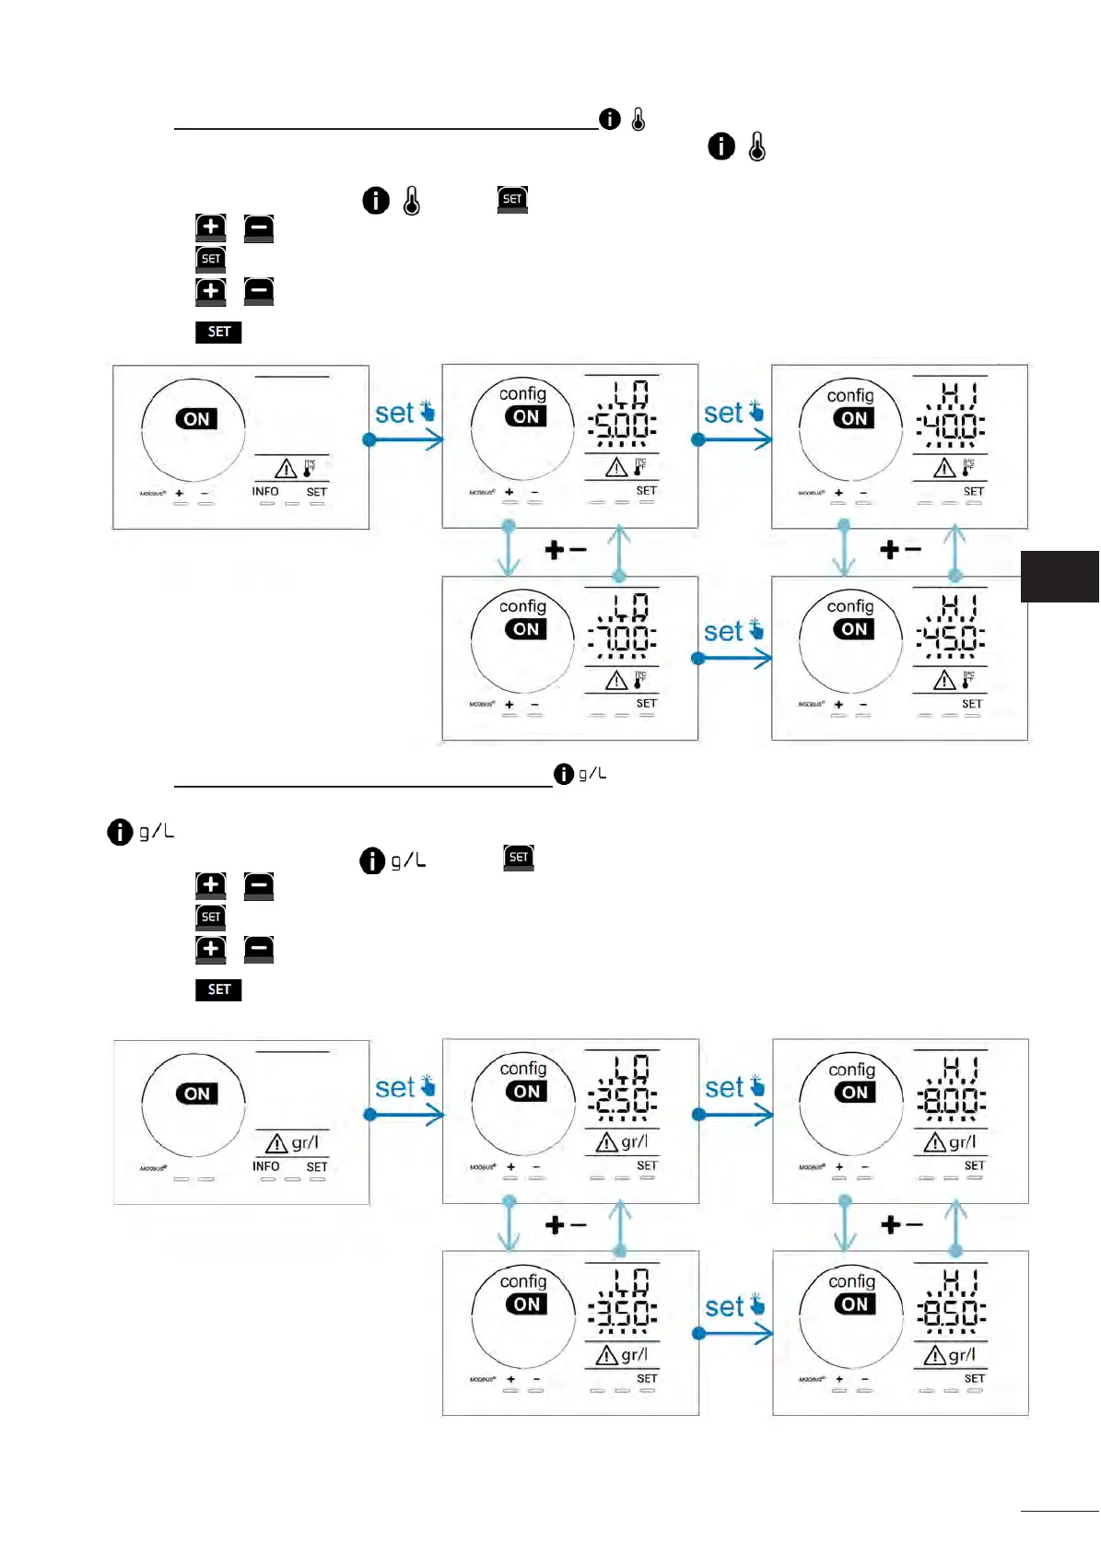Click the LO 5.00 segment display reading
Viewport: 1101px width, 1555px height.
(623, 425)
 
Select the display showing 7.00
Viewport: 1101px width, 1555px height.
(623, 637)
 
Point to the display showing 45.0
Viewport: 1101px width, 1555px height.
(951, 637)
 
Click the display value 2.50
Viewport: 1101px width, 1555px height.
(624, 1100)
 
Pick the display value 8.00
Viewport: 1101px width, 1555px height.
(952, 1100)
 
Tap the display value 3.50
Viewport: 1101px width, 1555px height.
(624, 1313)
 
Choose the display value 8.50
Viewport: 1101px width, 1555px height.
(952, 1313)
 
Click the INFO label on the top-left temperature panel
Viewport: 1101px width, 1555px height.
(265, 492)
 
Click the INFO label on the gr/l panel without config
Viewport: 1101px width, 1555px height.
(266, 1166)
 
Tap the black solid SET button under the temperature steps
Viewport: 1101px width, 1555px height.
(218, 332)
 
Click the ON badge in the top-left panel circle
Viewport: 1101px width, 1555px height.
(196, 419)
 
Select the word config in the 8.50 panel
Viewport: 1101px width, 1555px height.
(851, 1281)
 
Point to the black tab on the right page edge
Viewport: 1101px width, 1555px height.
(1060, 577)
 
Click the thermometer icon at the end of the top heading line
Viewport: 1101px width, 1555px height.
(638, 119)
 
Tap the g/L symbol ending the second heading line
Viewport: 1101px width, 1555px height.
(592, 774)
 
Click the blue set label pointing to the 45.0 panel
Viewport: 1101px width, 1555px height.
(723, 631)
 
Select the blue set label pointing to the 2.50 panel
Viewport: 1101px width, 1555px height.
(394, 1088)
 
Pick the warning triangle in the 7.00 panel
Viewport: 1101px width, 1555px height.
(615, 681)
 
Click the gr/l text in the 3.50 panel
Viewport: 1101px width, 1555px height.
(635, 1355)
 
